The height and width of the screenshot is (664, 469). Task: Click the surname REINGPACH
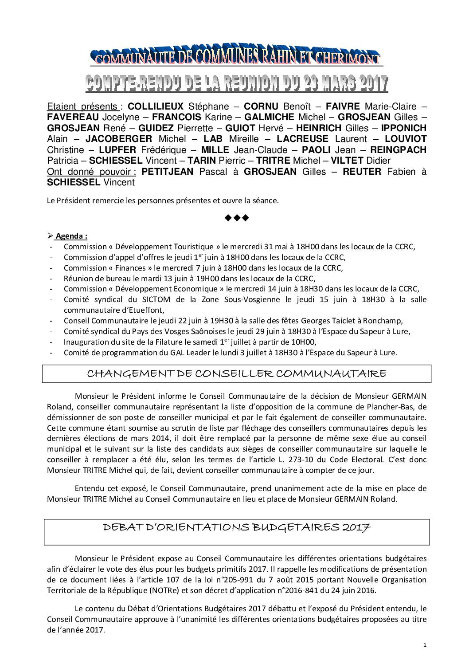(398, 149)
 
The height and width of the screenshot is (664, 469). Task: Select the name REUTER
(361, 172)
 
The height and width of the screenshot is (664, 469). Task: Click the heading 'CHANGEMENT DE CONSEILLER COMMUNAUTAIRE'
(237, 373)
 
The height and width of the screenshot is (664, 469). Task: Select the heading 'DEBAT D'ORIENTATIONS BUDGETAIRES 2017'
(237, 527)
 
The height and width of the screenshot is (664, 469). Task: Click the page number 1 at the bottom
(424, 644)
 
